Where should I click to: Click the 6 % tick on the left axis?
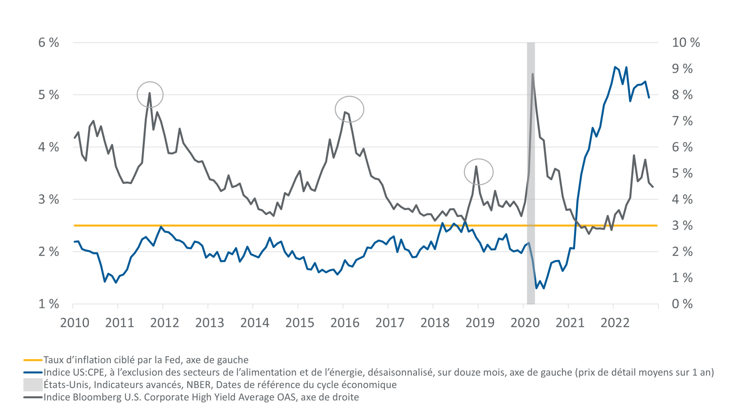(x=49, y=43)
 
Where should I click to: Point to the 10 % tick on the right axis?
(x=685, y=43)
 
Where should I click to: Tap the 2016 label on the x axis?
(x=345, y=323)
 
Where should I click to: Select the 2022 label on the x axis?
(x=615, y=323)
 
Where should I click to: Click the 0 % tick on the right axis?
(x=682, y=304)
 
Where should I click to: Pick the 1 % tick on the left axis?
(x=49, y=304)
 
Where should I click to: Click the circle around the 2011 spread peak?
(x=150, y=95)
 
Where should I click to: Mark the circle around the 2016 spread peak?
(x=349, y=109)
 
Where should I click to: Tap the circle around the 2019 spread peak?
(x=478, y=172)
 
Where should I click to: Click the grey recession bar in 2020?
(x=531, y=180)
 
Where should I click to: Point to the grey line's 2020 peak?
(x=533, y=74)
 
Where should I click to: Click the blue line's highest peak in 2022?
(x=615, y=67)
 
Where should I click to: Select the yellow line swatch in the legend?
(x=33, y=360)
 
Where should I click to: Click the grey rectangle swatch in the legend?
(x=33, y=385)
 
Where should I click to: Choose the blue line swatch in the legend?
(x=33, y=372)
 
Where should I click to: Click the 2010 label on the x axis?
(x=75, y=323)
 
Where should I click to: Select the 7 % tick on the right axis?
(x=682, y=121)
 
